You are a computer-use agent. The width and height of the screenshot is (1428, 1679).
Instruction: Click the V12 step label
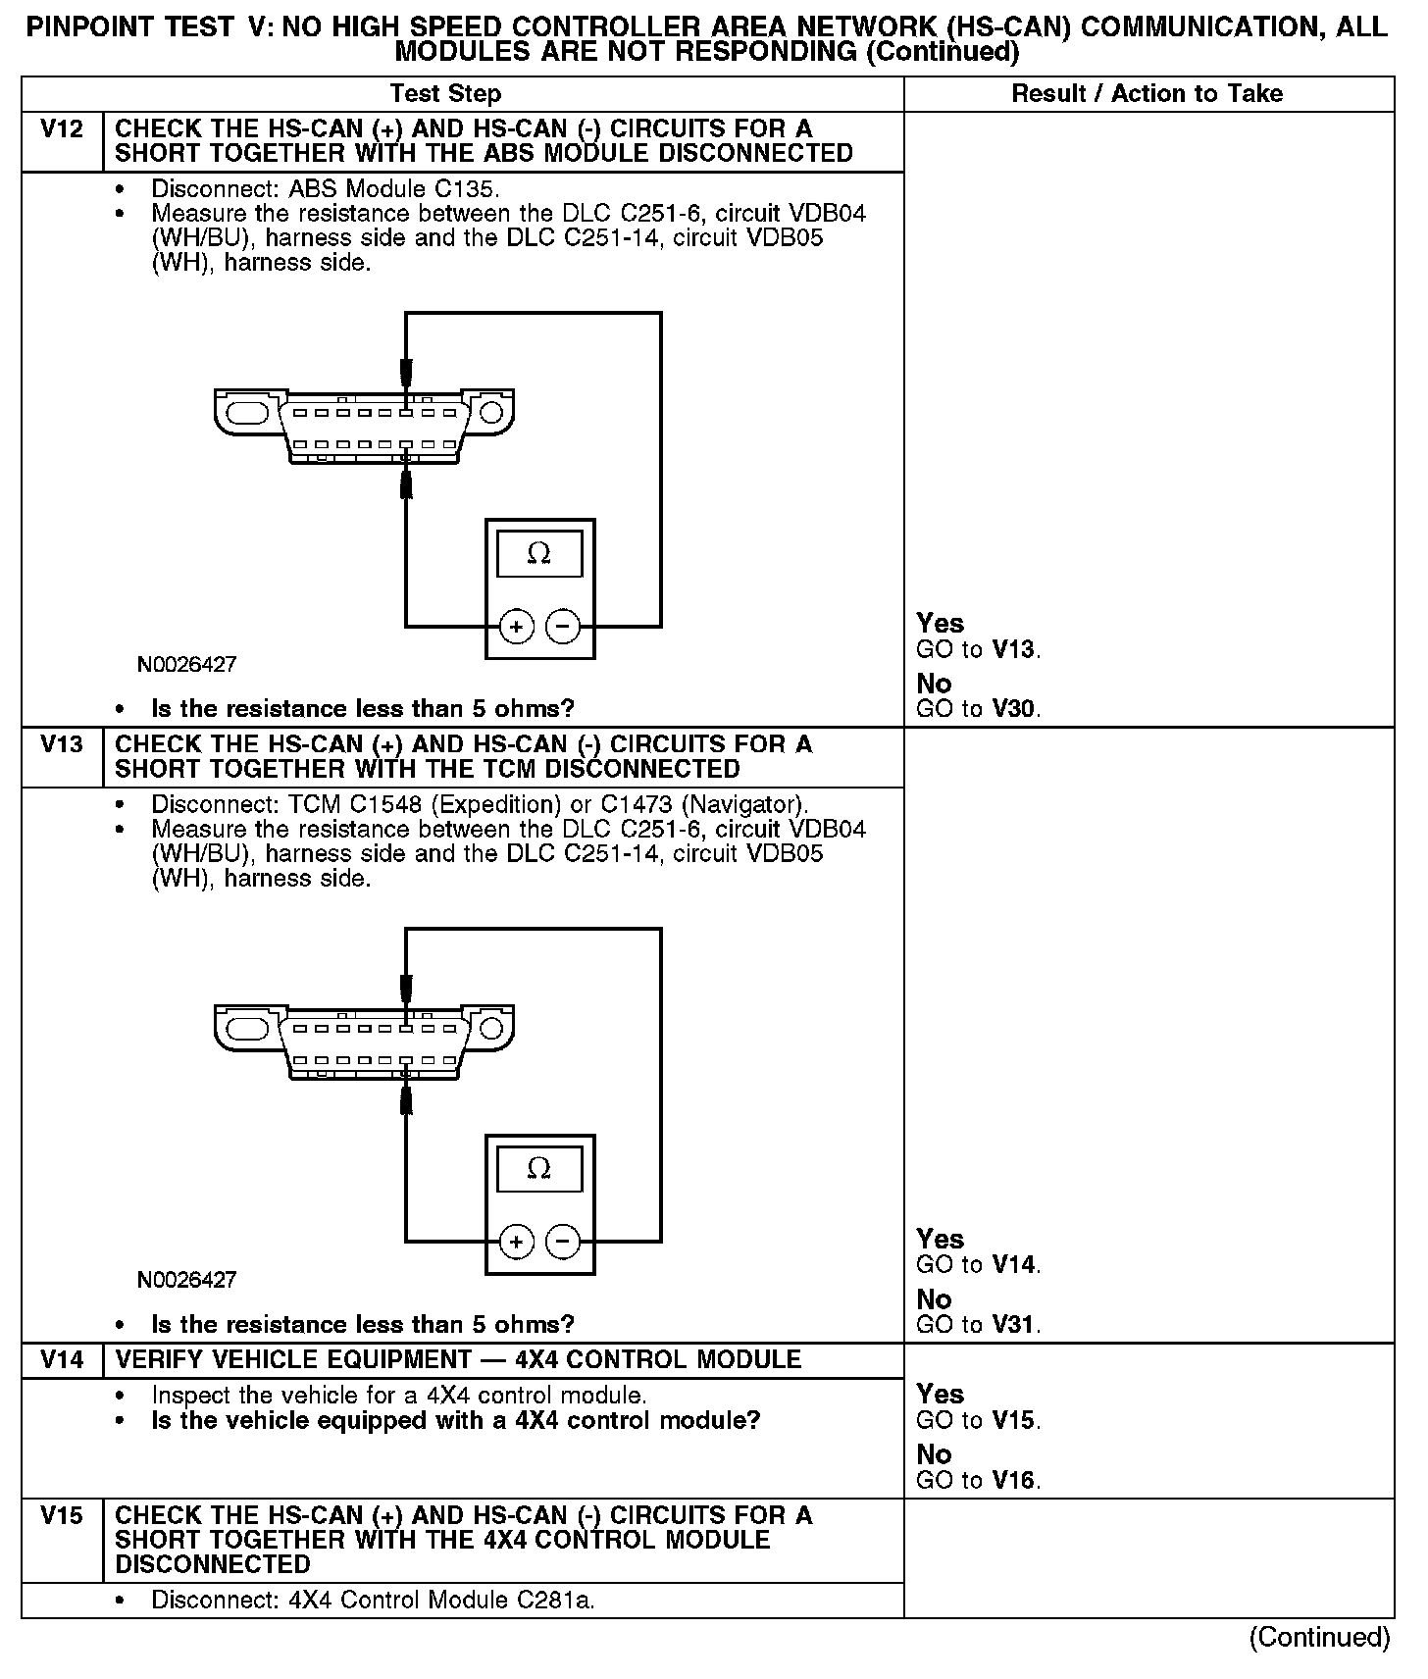(62, 129)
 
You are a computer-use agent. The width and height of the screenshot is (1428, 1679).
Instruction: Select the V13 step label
(62, 744)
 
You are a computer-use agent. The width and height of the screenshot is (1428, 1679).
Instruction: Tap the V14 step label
(62, 1360)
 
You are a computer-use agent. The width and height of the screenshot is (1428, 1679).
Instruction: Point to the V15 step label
(62, 1516)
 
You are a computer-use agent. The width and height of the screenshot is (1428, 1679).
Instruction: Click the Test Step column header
(445, 94)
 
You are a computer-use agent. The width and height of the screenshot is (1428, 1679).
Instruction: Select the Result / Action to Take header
(1147, 94)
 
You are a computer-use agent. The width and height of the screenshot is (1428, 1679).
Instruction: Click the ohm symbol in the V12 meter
(538, 554)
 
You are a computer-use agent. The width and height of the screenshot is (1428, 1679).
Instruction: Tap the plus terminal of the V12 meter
(517, 626)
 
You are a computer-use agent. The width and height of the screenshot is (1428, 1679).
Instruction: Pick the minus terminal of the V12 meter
(562, 626)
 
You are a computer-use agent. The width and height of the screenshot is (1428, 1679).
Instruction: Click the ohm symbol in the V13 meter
(538, 1169)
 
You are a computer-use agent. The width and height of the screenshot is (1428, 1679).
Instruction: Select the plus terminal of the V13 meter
(517, 1242)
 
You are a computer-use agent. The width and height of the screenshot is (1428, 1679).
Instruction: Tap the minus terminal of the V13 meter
(562, 1242)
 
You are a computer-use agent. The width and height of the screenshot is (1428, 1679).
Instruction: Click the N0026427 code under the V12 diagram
(187, 665)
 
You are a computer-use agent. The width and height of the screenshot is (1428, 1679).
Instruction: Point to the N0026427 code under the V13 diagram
(187, 1280)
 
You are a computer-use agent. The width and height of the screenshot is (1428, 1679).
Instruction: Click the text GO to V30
(978, 709)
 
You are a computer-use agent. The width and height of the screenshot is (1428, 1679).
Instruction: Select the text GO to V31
(978, 1325)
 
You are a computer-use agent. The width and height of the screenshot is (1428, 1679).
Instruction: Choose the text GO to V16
(978, 1480)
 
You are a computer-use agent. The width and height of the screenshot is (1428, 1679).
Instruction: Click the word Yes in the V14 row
(940, 1394)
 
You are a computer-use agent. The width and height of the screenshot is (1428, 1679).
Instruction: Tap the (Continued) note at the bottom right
(1319, 1637)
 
